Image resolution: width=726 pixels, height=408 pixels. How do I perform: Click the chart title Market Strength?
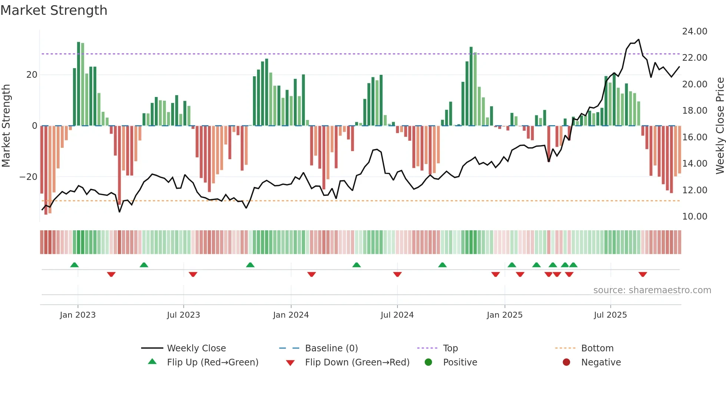pyautogui.click(x=54, y=10)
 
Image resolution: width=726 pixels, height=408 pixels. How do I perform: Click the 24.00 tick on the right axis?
pyautogui.click(x=695, y=31)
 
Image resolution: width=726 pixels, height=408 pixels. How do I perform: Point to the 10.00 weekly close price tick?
pyautogui.click(x=695, y=217)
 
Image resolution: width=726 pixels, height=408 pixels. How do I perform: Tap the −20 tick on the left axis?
pyautogui.click(x=29, y=177)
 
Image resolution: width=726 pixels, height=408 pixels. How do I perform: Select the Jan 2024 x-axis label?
pyautogui.click(x=291, y=315)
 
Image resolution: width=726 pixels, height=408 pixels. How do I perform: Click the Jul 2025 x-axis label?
pyautogui.click(x=610, y=315)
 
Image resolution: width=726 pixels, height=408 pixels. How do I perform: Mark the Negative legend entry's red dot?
pyautogui.click(x=566, y=362)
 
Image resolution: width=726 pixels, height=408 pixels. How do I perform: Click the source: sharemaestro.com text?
pyautogui.click(x=652, y=290)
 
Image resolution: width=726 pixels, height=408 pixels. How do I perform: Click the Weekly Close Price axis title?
pyautogui.click(x=720, y=126)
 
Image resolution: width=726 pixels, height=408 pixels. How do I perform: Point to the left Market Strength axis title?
pyautogui.click(x=6, y=126)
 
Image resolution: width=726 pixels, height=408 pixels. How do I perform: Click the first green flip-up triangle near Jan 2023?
pyautogui.click(x=74, y=265)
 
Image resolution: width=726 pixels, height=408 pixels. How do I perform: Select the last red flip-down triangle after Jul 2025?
pyautogui.click(x=643, y=274)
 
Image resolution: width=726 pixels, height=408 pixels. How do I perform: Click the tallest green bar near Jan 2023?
pyautogui.click(x=79, y=84)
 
